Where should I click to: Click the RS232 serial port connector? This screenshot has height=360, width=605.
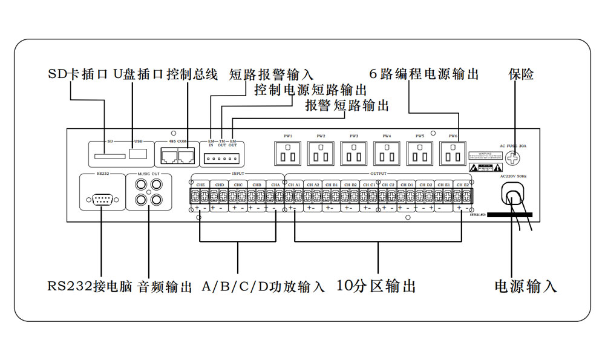pyautogui.click(x=100, y=200)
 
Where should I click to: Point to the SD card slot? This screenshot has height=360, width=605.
pyautogui.click(x=110, y=156)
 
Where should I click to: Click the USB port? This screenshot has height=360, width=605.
pyautogui.click(x=140, y=152)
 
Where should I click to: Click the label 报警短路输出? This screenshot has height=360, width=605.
pyautogui.click(x=347, y=106)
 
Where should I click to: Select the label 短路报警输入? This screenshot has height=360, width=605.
pyautogui.click(x=272, y=75)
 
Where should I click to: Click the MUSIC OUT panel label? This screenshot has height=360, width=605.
pyautogui.click(x=148, y=174)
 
